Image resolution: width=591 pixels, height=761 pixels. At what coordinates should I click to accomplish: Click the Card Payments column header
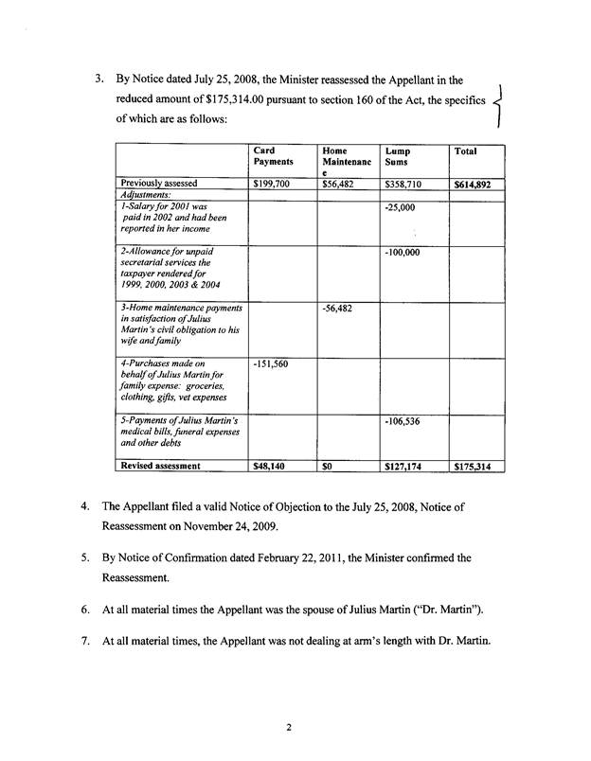[272, 156]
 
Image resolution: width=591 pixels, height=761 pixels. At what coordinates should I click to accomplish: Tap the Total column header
[466, 150]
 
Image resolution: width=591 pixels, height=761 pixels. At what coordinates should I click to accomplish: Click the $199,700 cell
[272, 184]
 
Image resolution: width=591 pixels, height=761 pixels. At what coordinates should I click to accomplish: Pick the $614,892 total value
[472, 185]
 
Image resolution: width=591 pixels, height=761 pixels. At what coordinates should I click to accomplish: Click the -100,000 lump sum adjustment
[403, 254]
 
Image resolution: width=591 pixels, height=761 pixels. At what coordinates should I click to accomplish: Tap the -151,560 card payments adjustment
[272, 363]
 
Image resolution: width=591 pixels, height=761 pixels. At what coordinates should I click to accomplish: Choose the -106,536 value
[403, 420]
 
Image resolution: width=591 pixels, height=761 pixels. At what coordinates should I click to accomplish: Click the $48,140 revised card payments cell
[271, 466]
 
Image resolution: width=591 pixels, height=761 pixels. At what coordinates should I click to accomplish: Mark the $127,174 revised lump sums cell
[404, 466]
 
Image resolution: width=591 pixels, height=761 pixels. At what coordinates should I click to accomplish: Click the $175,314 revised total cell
[472, 466]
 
